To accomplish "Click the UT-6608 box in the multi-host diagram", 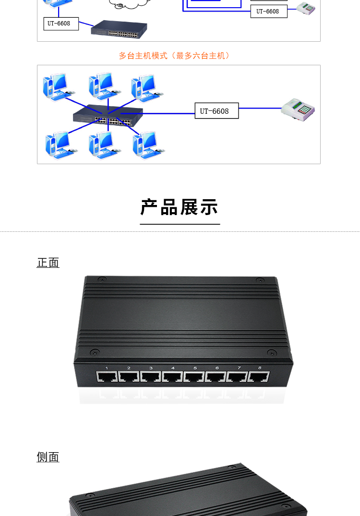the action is click(x=216, y=110).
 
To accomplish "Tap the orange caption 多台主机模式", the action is click(x=143, y=56).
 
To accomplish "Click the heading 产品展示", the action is click(x=180, y=207).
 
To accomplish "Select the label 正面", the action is click(x=48, y=263).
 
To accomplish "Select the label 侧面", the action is click(x=48, y=457).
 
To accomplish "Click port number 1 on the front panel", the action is click(x=107, y=368).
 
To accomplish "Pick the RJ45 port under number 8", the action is click(x=259, y=377).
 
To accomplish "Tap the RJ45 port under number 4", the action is click(x=172, y=377).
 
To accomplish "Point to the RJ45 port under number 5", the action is click(x=194, y=377).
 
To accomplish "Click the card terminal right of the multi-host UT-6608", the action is click(x=298, y=109).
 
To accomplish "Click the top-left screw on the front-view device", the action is click(x=102, y=280).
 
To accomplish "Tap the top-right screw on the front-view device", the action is click(x=260, y=280).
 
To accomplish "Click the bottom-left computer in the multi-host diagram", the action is click(x=61, y=145).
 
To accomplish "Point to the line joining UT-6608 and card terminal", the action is click(x=260, y=108).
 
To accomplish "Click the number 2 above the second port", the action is click(x=129, y=368).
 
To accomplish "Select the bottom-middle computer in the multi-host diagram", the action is click(x=104, y=145).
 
